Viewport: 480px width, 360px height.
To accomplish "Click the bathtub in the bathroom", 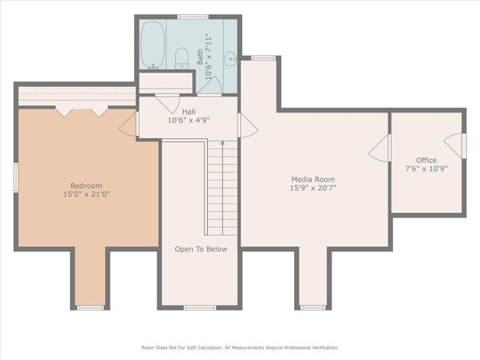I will pyautogui.click(x=153, y=44).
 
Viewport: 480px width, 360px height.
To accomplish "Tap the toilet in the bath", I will pyautogui.click(x=181, y=58).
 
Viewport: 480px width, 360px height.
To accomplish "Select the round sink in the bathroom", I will pyautogui.click(x=231, y=57).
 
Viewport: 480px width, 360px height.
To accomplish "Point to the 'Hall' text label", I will pyautogui.click(x=188, y=112).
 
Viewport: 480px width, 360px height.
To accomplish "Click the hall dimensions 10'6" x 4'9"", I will pyautogui.click(x=188, y=120).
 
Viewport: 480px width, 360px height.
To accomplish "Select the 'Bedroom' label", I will pyautogui.click(x=86, y=186).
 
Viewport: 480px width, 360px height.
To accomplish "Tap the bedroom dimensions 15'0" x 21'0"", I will pyautogui.click(x=86, y=194).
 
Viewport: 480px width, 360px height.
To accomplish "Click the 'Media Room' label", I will pyautogui.click(x=313, y=179).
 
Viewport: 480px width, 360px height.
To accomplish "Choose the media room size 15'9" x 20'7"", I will pyautogui.click(x=313, y=188).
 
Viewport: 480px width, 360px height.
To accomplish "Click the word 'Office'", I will pyautogui.click(x=426, y=160).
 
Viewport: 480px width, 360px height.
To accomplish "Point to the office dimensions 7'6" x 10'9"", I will pyautogui.click(x=426, y=169).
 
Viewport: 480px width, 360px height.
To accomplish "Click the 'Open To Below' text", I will pyautogui.click(x=200, y=249).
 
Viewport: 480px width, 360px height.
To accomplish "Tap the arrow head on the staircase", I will pyautogui.click(x=222, y=142).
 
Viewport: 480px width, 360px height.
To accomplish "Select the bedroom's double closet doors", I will pyautogui.click(x=82, y=112).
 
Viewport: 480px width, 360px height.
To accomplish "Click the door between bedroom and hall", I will pyautogui.click(x=129, y=124).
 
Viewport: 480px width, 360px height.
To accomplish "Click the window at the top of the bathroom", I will pyautogui.click(x=193, y=16).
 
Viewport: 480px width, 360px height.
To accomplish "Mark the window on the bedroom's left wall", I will pyautogui.click(x=16, y=178).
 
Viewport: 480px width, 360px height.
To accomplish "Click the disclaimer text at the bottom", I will pyautogui.click(x=240, y=347).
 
